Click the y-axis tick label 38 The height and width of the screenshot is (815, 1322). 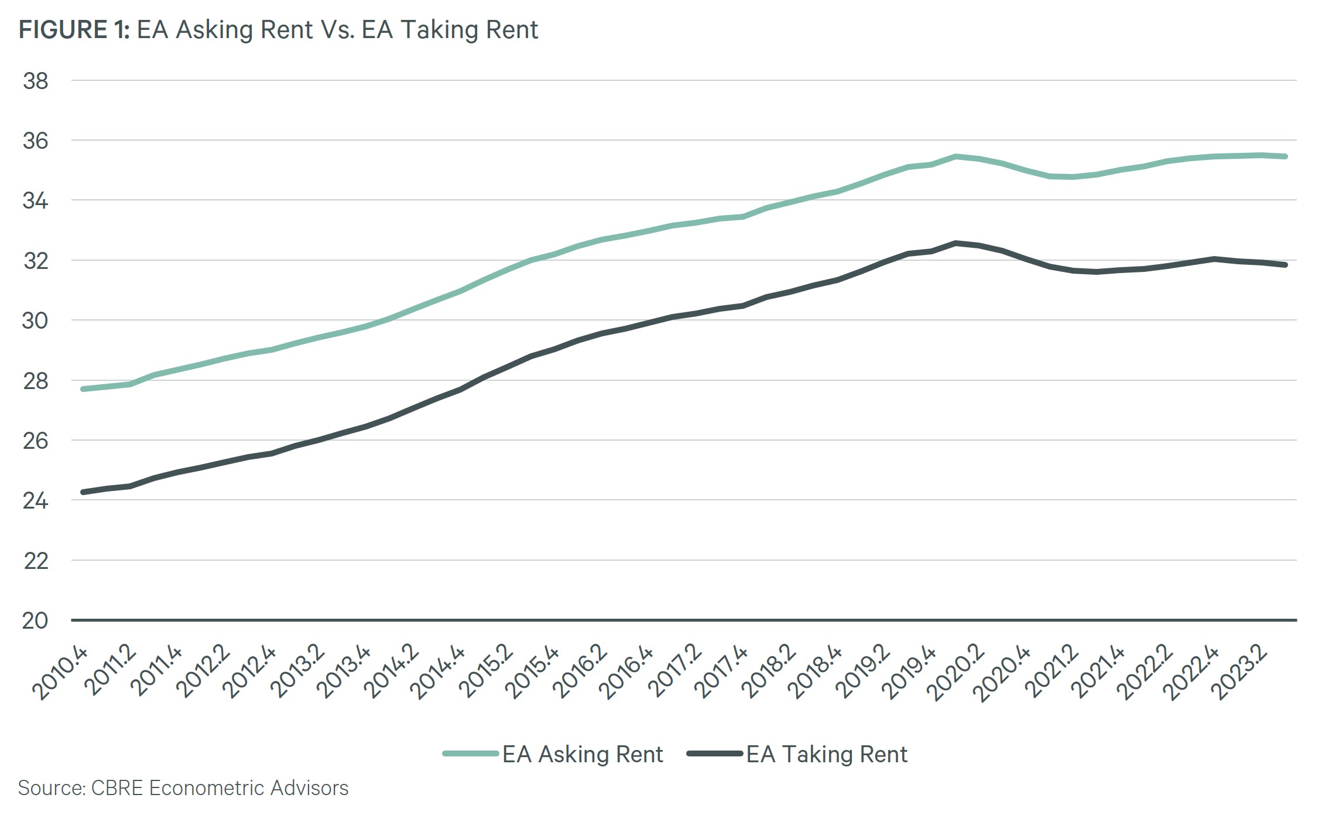(35, 81)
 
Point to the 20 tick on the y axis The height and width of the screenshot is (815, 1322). (35, 620)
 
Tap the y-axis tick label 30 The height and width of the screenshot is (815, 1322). (35, 321)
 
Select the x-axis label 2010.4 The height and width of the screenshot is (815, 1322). (60, 674)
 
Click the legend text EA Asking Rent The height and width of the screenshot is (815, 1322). (583, 755)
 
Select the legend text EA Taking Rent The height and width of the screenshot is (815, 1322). (827, 755)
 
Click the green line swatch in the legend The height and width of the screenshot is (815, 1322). (471, 754)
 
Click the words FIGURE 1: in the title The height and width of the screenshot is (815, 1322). (74, 30)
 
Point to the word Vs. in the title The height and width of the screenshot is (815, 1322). (337, 30)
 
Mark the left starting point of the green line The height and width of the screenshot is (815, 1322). (84, 389)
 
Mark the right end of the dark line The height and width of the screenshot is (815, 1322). (1285, 265)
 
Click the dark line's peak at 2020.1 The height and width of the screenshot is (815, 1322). (955, 243)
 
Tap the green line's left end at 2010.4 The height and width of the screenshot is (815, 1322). (84, 389)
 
